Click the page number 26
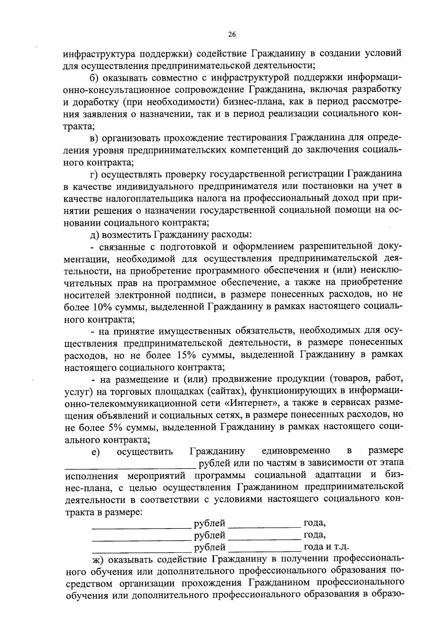point(231,34)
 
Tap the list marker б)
point(95,78)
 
